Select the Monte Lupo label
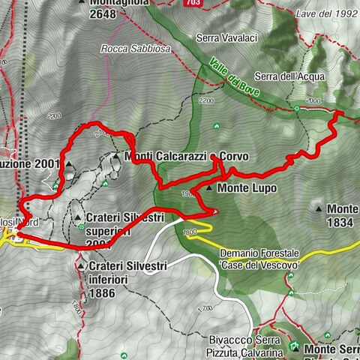click(x=247, y=189)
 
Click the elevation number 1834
click(x=343, y=223)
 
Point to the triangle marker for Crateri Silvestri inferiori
click(x=80, y=265)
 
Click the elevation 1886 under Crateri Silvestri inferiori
click(x=101, y=294)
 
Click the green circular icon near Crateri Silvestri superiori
click(x=79, y=226)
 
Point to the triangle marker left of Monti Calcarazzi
click(x=117, y=157)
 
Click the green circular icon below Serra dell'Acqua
click(x=298, y=108)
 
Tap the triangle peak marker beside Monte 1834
click(x=319, y=209)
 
